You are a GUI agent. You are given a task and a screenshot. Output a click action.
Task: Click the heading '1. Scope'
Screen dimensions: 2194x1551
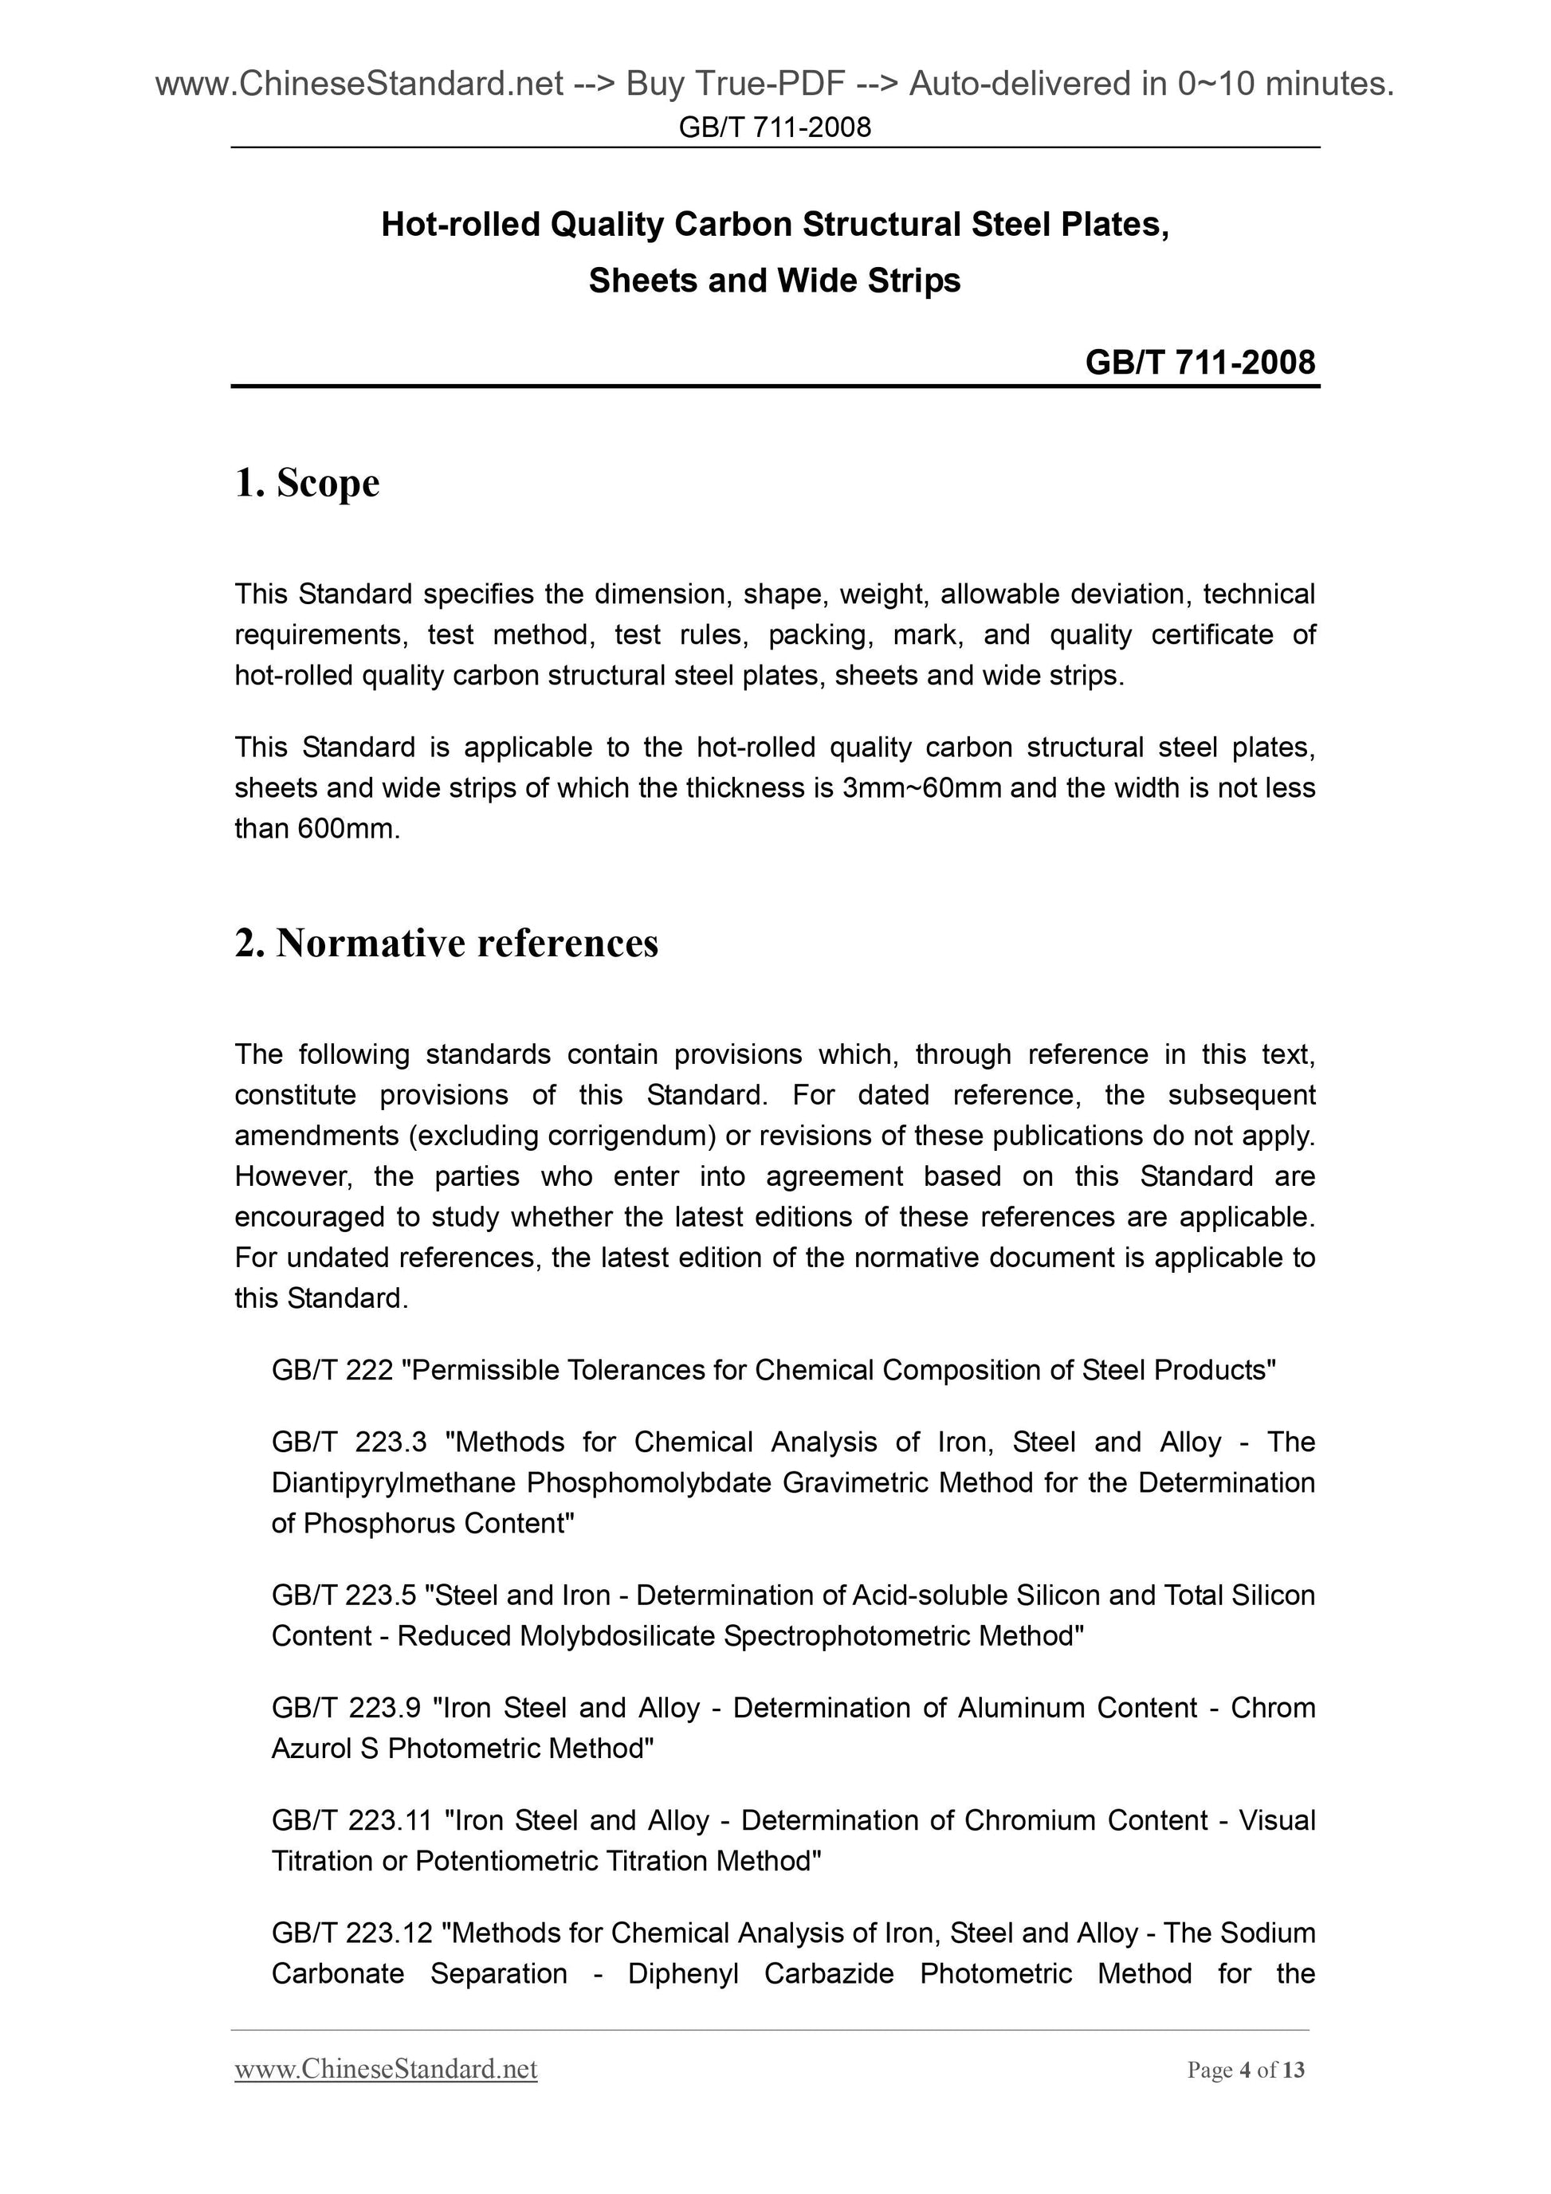[x=307, y=484]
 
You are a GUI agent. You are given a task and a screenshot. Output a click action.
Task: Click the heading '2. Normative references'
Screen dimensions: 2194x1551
[x=446, y=944]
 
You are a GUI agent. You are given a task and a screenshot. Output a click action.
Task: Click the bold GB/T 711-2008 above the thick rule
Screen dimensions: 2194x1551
[x=1200, y=362]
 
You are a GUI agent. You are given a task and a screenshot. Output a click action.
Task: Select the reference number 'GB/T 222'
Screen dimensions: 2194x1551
[x=332, y=1370]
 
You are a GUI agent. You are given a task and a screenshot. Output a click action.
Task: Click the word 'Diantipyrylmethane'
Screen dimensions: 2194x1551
[x=394, y=1483]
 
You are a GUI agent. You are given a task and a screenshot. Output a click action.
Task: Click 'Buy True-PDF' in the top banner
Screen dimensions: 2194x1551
[x=735, y=85]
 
